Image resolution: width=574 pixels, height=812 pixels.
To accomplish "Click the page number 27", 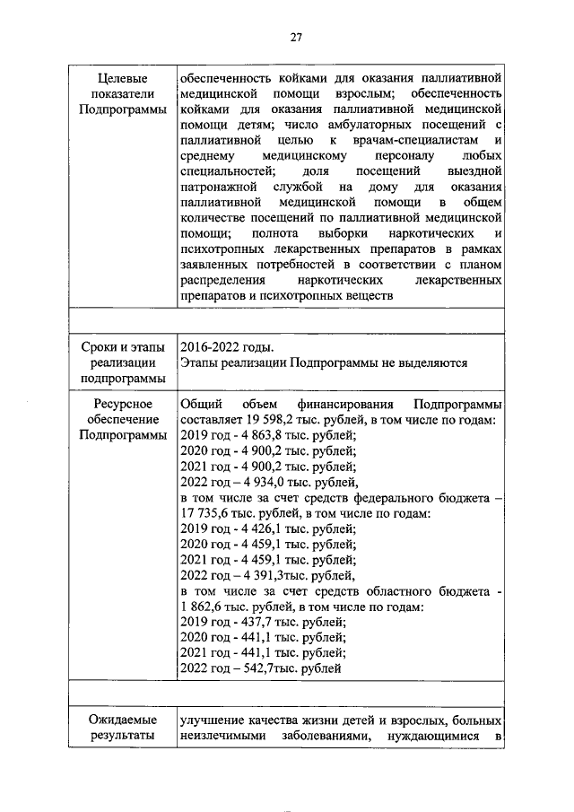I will click(x=295, y=36).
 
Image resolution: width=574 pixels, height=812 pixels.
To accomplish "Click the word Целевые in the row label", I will click(x=122, y=77).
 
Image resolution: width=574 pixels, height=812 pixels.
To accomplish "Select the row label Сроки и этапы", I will click(x=122, y=347).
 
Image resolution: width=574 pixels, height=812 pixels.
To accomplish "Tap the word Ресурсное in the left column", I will click(x=122, y=404).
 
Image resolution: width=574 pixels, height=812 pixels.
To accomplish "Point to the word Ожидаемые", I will click(x=122, y=720).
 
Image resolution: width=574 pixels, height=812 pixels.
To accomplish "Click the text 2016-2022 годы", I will click(x=227, y=347).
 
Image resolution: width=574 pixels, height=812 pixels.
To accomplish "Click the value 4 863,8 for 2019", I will click(x=258, y=436).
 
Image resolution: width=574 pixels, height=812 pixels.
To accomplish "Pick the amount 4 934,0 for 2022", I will click(x=260, y=485).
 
